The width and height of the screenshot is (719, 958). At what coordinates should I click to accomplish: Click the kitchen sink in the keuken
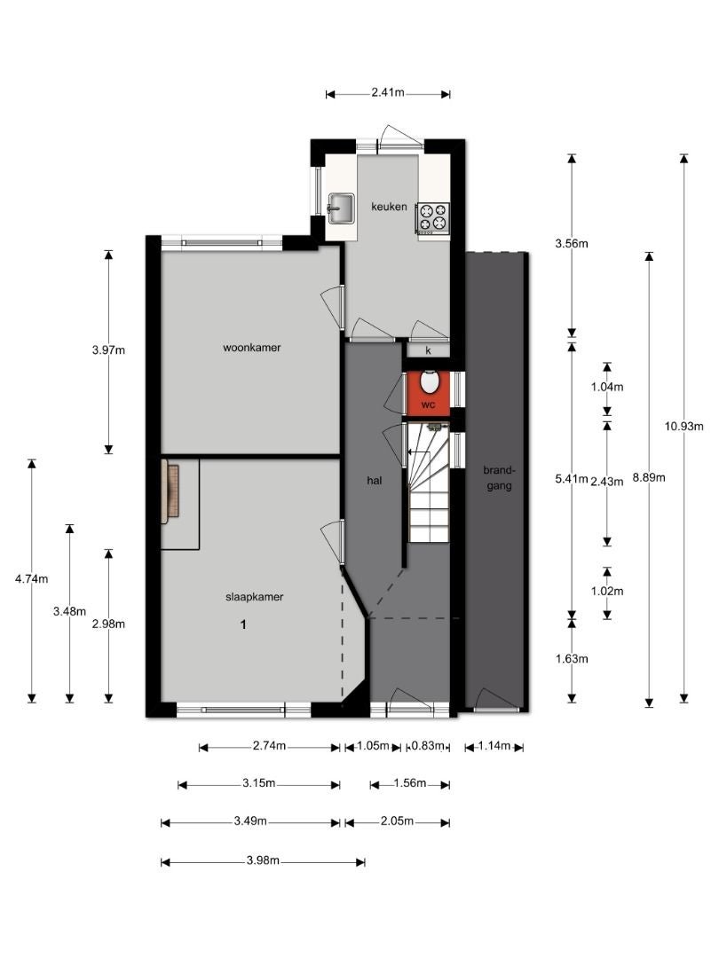point(341,209)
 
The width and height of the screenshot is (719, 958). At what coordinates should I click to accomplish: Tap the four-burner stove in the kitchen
point(433,217)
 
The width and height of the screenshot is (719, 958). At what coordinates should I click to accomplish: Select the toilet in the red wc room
point(430,381)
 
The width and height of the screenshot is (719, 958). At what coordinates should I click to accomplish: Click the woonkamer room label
point(252,348)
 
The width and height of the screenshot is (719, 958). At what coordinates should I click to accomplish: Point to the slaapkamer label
point(255,597)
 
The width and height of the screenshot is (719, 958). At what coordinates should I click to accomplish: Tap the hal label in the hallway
point(375,480)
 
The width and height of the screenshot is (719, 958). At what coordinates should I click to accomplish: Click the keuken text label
point(389,207)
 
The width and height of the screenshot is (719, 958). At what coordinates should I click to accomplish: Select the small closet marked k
point(428,350)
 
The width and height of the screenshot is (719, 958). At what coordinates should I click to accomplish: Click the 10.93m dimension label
point(684,427)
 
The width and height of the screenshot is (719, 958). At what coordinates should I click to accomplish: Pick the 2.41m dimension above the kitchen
point(388,93)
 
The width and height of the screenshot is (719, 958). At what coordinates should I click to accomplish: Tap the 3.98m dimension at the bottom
point(263,860)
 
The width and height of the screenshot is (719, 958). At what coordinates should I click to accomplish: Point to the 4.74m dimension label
point(32,578)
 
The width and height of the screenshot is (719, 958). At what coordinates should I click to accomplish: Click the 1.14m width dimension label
point(494,745)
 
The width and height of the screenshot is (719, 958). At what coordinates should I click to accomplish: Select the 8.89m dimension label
point(649,478)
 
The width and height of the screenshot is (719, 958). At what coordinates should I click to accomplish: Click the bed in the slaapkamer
point(170,494)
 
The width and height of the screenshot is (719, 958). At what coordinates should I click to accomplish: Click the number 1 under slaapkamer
point(243,624)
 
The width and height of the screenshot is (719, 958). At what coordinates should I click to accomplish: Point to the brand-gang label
point(500,478)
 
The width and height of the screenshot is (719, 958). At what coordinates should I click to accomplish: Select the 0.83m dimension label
point(427,745)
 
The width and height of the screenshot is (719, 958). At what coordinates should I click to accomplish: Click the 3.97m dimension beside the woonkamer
point(109,350)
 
